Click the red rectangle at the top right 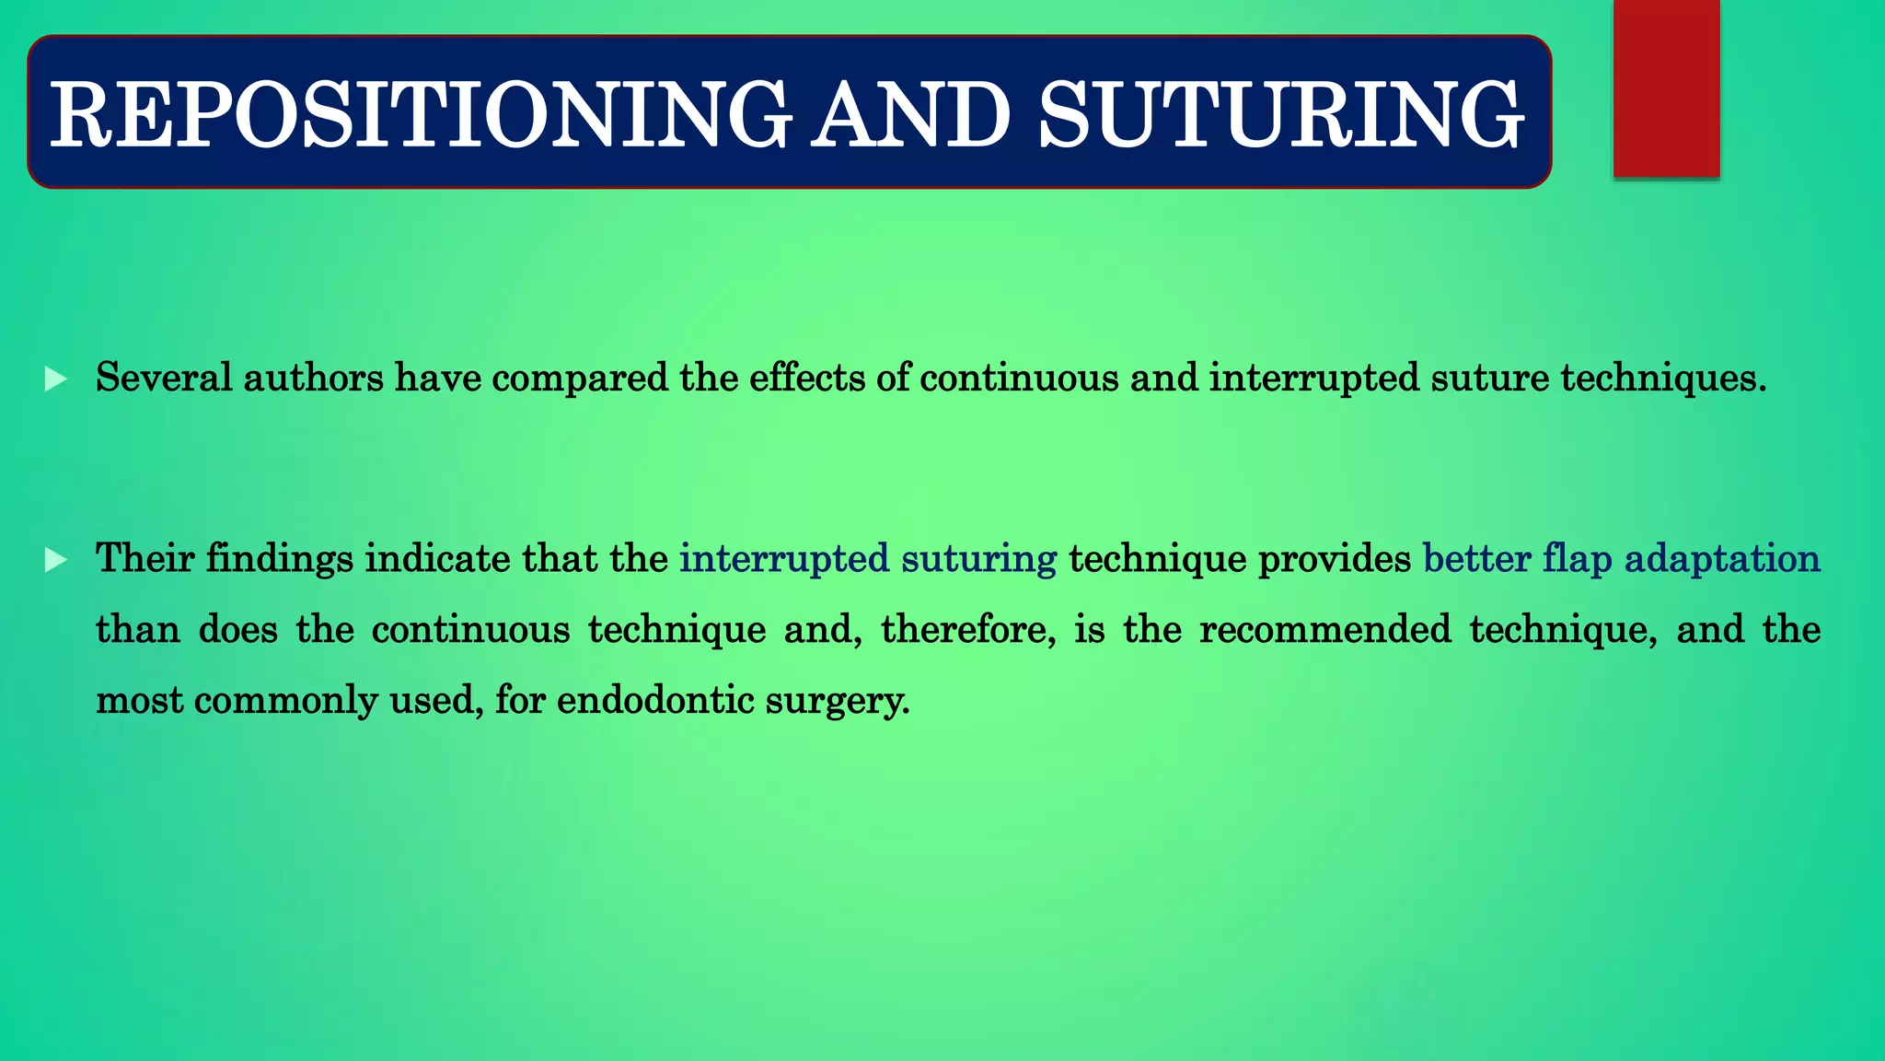[1666, 88]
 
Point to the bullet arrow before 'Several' [56, 379]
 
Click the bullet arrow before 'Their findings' [56, 559]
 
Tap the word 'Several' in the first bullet [163, 378]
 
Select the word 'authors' [313, 378]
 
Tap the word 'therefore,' [968, 630]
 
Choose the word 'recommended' [1324, 630]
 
